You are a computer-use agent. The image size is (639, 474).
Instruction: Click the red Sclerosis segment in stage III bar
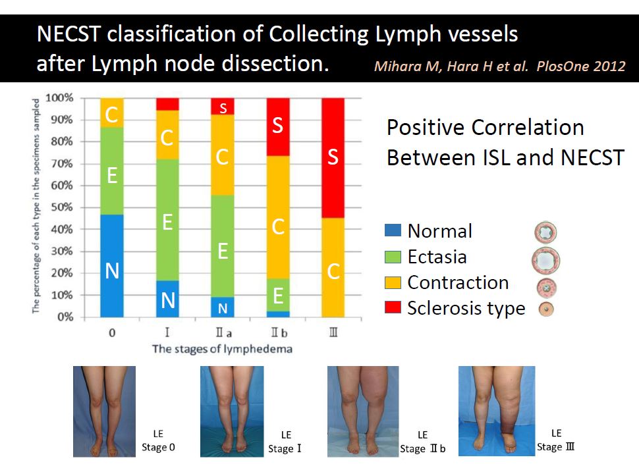pyautogui.click(x=333, y=158)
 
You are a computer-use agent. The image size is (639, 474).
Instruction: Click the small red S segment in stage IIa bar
pyautogui.click(x=223, y=107)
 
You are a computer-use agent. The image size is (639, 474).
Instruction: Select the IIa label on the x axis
pyautogui.click(x=223, y=333)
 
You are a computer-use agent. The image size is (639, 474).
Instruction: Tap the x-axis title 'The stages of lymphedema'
pyautogui.click(x=222, y=349)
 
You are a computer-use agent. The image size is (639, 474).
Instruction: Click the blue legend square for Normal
pyautogui.click(x=392, y=231)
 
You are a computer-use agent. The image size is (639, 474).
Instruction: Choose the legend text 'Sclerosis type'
pyautogui.click(x=466, y=308)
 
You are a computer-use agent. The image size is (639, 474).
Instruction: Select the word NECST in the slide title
pyautogui.click(x=72, y=34)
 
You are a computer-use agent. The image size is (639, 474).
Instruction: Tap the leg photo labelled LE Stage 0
pyautogui.click(x=103, y=411)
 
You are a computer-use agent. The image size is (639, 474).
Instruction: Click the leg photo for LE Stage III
pyautogui.click(x=487, y=411)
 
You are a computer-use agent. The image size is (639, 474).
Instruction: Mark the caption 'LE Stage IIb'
pyautogui.click(x=423, y=442)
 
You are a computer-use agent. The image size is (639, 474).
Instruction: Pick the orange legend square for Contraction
pyautogui.click(x=392, y=282)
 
